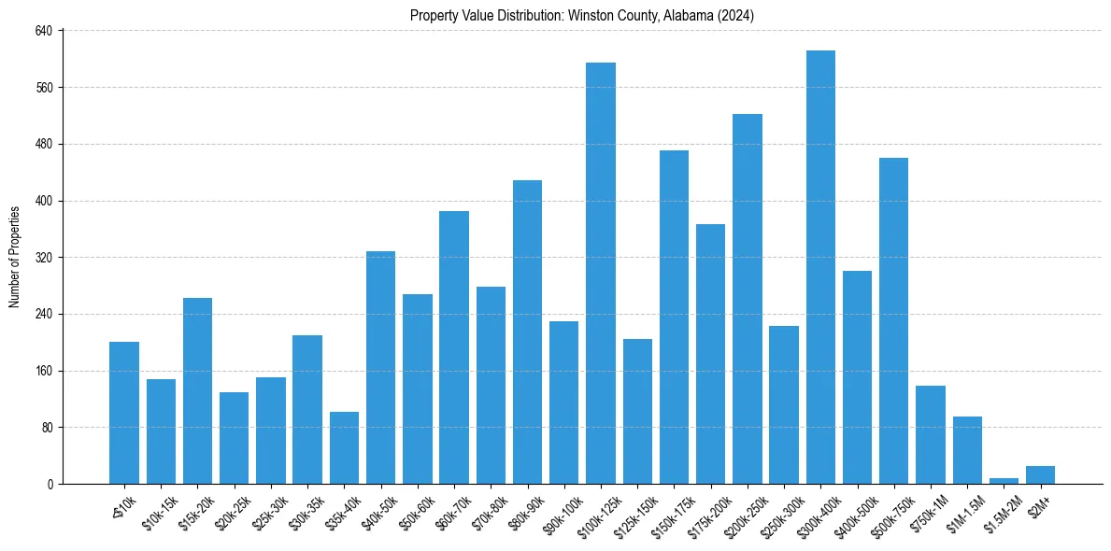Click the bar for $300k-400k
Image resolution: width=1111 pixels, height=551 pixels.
[x=820, y=267]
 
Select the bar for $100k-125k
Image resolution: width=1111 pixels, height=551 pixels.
[x=601, y=273]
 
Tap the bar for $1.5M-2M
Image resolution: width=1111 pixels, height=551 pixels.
[x=1004, y=480]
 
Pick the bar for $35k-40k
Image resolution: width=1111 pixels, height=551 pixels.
[x=344, y=448]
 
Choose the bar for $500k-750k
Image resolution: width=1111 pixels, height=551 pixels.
[x=894, y=320]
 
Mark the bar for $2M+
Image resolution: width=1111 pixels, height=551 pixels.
[x=1040, y=474]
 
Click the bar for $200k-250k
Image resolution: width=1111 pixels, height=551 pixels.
[x=748, y=299]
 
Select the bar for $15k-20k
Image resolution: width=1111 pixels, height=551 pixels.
[x=197, y=390]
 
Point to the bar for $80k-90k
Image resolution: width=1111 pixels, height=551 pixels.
[x=527, y=332]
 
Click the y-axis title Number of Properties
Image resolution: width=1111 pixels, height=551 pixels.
[x=15, y=257]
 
